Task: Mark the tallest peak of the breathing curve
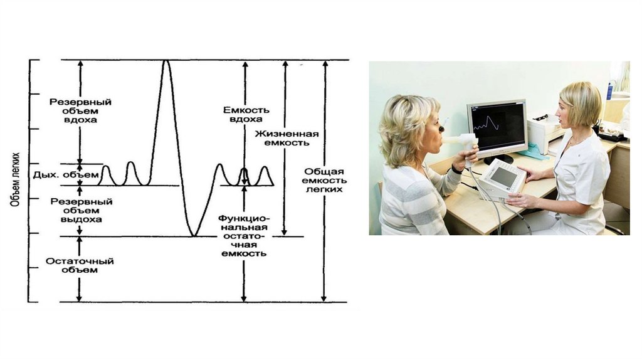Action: pyautogui.click(x=166, y=61)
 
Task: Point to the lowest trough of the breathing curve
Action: pyautogui.click(x=194, y=235)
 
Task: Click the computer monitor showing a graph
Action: pyautogui.click(x=497, y=126)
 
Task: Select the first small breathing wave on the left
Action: pyautogui.click(x=105, y=174)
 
